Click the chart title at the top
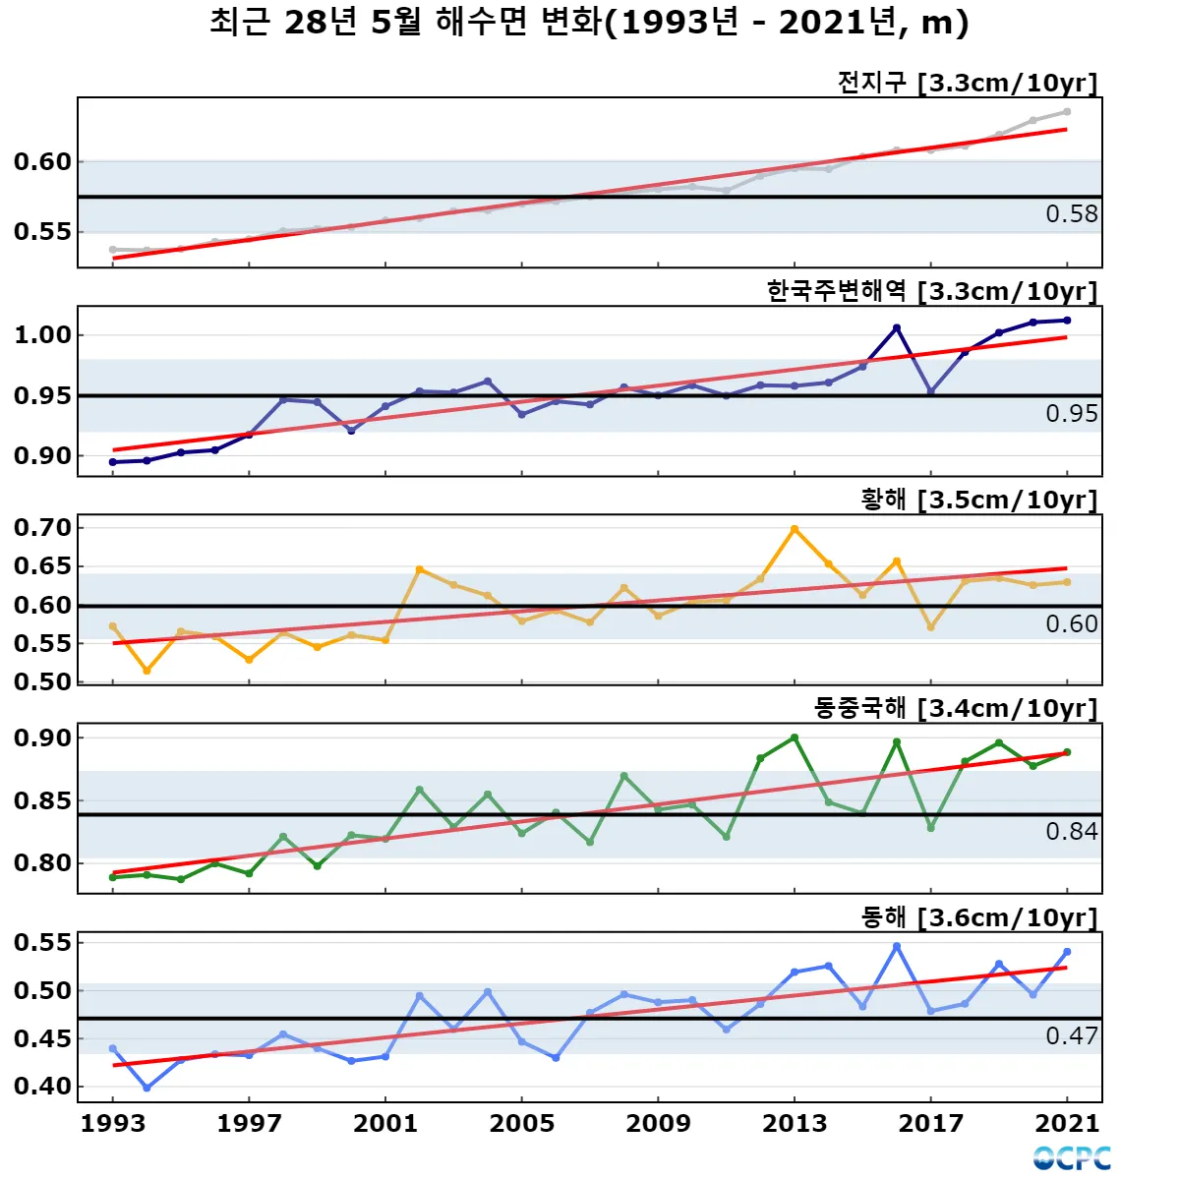[x=589, y=22]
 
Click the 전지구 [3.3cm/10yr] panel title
[x=967, y=83]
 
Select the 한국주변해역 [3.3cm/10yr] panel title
[x=931, y=291]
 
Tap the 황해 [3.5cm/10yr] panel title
[x=978, y=500]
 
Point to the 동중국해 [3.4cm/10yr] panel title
[x=955, y=708]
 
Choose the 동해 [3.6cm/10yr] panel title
[x=978, y=917]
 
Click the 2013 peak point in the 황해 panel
[x=795, y=529]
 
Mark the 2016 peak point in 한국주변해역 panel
[x=897, y=327]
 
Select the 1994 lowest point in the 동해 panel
[x=147, y=1088]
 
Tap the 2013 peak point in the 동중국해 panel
[x=795, y=737]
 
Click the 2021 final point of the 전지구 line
[x=1067, y=112]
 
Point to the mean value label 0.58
[x=1072, y=214]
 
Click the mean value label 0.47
[x=1072, y=1035]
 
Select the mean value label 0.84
[x=1072, y=832]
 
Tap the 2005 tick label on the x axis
[x=522, y=1123]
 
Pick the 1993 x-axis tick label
[x=113, y=1123]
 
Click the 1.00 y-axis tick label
[x=42, y=335]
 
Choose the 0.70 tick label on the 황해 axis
[x=42, y=528]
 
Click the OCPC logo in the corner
[x=1072, y=1158]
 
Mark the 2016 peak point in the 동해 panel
[x=897, y=946]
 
